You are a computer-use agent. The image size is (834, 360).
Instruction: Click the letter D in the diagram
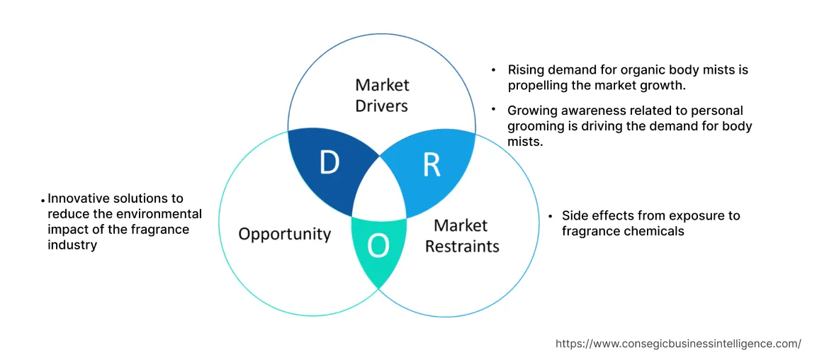click(329, 163)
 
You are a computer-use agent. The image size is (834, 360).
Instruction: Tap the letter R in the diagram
click(432, 164)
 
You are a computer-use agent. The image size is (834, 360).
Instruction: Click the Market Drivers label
click(382, 95)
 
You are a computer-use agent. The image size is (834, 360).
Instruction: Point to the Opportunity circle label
click(284, 234)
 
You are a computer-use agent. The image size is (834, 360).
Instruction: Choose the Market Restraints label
click(461, 236)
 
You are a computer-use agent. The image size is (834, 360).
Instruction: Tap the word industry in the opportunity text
click(72, 245)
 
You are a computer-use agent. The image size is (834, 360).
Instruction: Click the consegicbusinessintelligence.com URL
click(678, 344)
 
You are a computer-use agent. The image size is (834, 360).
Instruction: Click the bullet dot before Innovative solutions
click(43, 201)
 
